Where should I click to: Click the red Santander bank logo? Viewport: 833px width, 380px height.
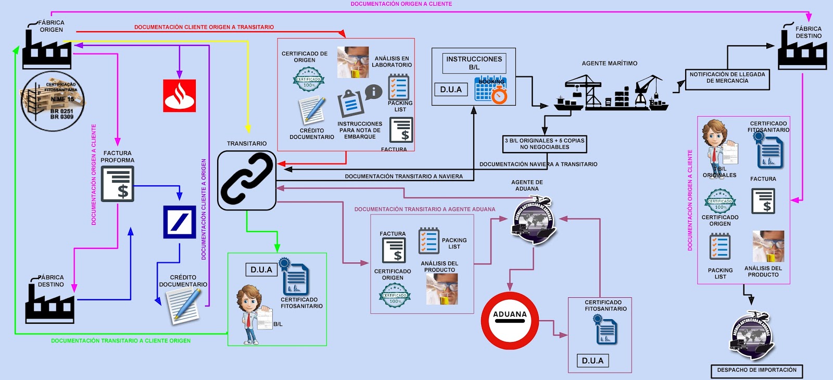click(x=179, y=96)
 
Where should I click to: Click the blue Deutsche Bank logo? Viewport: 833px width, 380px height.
click(x=179, y=222)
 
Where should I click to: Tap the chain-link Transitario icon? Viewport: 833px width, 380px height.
click(x=246, y=180)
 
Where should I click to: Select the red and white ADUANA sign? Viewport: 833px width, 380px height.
click(x=510, y=321)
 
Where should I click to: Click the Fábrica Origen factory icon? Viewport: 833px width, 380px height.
click(x=47, y=49)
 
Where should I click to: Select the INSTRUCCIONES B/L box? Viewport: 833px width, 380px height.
click(x=474, y=63)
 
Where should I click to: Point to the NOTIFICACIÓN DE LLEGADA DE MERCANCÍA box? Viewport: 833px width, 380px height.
click(x=727, y=78)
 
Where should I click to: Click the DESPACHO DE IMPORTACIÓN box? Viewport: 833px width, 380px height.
click(x=756, y=370)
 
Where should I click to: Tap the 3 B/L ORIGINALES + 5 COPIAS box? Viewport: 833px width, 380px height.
click(x=545, y=144)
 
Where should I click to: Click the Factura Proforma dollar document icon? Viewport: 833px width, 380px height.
click(x=118, y=184)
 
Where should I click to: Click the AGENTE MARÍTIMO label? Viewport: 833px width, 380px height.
click(x=609, y=64)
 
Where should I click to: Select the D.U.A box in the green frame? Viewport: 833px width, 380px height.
click(x=261, y=270)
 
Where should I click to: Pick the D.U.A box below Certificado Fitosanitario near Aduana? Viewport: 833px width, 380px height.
click(x=592, y=361)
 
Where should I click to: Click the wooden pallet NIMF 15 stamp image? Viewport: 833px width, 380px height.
click(x=53, y=101)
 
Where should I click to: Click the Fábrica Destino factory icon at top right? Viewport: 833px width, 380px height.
click(x=802, y=50)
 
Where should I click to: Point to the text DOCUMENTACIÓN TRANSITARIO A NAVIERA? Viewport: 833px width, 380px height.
click(x=403, y=176)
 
